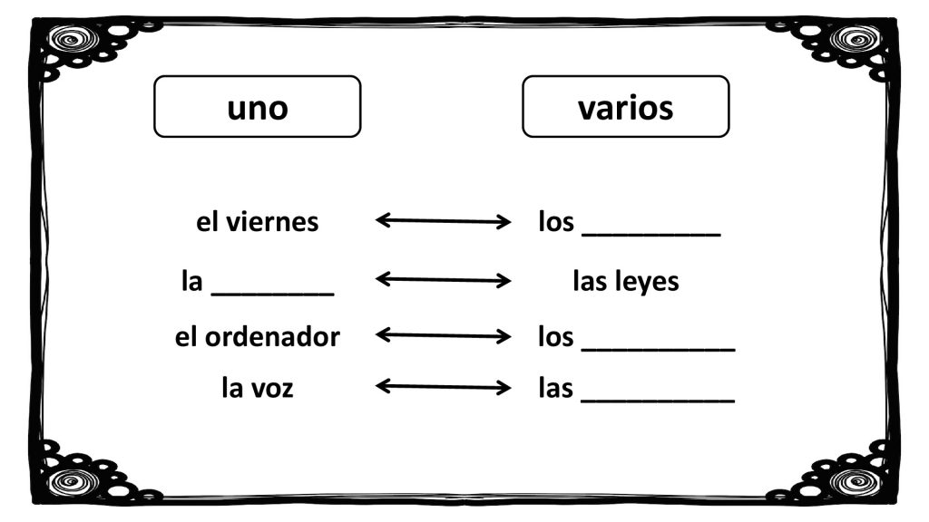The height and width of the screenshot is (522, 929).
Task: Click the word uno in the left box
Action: click(x=257, y=109)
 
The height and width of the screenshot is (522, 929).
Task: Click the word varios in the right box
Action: click(x=626, y=109)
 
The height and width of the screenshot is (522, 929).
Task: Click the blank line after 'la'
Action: click(x=272, y=294)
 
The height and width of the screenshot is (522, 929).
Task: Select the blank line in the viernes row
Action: click(x=651, y=235)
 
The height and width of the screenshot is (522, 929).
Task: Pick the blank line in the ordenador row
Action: click(x=659, y=350)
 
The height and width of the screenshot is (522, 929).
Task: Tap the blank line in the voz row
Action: click(x=659, y=401)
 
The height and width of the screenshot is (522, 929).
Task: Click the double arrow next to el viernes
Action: click(x=443, y=221)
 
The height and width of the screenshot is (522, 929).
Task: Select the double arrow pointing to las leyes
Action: click(x=443, y=279)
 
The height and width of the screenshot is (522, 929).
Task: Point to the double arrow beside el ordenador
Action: click(x=443, y=336)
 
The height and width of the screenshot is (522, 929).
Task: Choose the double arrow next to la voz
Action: click(x=443, y=387)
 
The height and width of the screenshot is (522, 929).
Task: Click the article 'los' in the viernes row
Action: click(x=556, y=222)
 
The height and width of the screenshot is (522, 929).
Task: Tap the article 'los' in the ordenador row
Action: click(x=556, y=337)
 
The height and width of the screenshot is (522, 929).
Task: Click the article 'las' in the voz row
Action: click(x=556, y=388)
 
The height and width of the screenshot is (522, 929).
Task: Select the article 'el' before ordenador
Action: click(x=186, y=337)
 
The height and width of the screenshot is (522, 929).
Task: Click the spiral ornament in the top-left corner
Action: click(x=73, y=40)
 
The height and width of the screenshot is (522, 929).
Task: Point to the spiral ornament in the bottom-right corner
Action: click(x=856, y=481)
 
